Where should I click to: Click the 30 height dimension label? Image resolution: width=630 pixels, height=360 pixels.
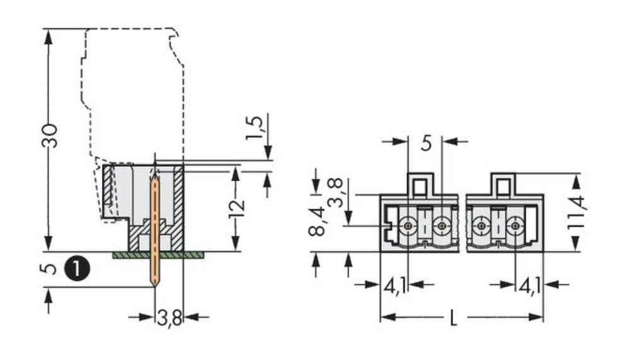pyautogui.click(x=50, y=136)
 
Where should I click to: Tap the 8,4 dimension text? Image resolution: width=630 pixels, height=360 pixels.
pyautogui.click(x=317, y=221)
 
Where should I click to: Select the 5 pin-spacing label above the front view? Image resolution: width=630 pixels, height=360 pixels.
pyautogui.click(x=426, y=143)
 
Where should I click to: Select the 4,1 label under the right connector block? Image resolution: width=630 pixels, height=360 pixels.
pyautogui.click(x=529, y=286)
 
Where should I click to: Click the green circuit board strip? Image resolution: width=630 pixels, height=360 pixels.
pyautogui.click(x=157, y=255)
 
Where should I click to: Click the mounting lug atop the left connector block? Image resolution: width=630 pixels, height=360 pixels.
pyautogui.click(x=420, y=185)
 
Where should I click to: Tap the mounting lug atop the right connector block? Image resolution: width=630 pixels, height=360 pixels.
pyautogui.click(x=503, y=185)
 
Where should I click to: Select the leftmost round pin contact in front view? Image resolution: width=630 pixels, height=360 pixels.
pyautogui.click(x=408, y=225)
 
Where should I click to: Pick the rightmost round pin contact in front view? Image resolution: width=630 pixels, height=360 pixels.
pyautogui.click(x=515, y=225)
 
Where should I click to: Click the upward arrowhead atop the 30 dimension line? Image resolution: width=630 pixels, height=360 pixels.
pyautogui.click(x=49, y=35)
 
